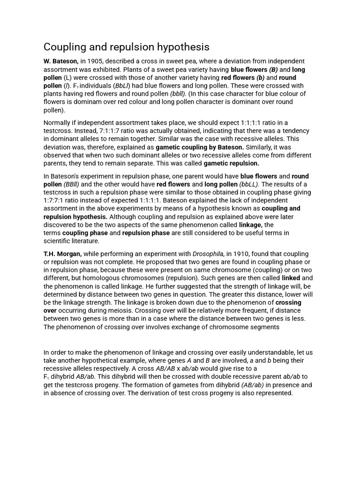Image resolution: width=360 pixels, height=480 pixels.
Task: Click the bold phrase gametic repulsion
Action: [231, 164]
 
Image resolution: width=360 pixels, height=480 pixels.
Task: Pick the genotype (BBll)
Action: [72, 184]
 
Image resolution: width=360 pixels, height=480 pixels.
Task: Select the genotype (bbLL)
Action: [249, 184]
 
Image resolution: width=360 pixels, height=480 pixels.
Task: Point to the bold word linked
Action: [291, 278]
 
